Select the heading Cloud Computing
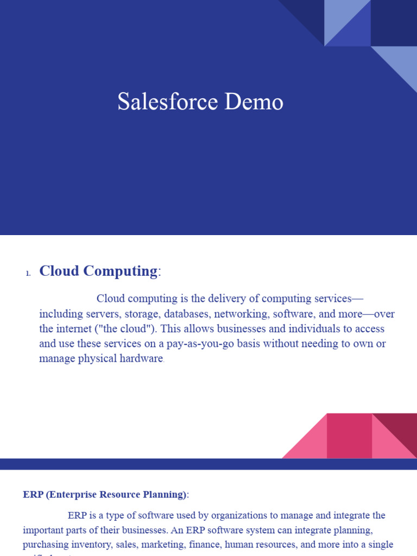click(98, 271)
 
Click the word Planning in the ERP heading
click(166, 495)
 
